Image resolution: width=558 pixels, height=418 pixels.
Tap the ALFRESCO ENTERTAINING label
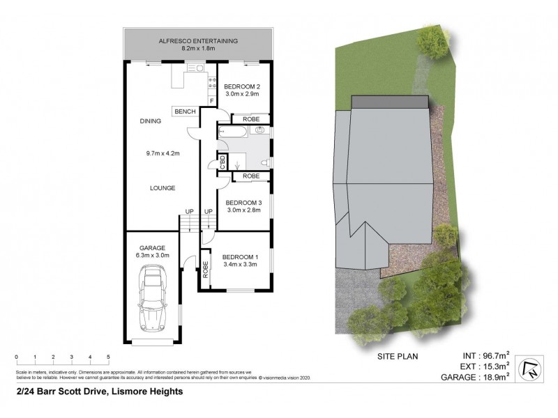(199, 41)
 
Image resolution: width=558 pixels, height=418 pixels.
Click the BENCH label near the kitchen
(185, 112)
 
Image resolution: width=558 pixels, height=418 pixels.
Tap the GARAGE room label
(151, 248)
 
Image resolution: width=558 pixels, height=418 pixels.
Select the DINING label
(150, 121)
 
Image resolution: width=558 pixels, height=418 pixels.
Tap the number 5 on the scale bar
(108, 357)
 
